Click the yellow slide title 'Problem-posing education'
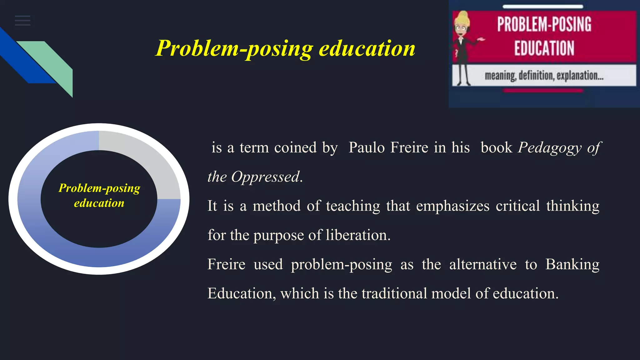click(x=285, y=48)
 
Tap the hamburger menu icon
click(x=22, y=21)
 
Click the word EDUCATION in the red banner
click(x=544, y=48)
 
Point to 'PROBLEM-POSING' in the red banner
click(x=544, y=24)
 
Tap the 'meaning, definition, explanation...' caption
click(x=544, y=76)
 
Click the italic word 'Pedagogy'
click(x=550, y=148)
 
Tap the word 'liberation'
click(x=358, y=235)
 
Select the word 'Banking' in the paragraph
click(x=572, y=264)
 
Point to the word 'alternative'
click(x=483, y=264)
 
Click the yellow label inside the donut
click(x=99, y=195)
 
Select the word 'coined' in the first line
click(x=295, y=147)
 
